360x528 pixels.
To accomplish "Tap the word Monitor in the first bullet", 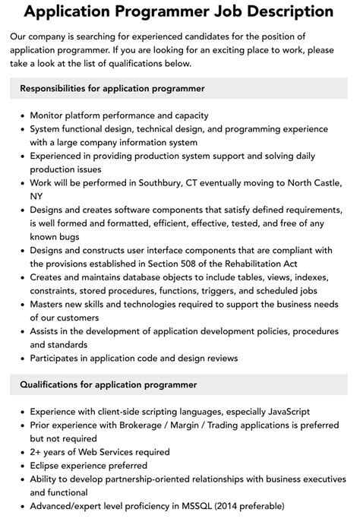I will click(51, 115).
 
